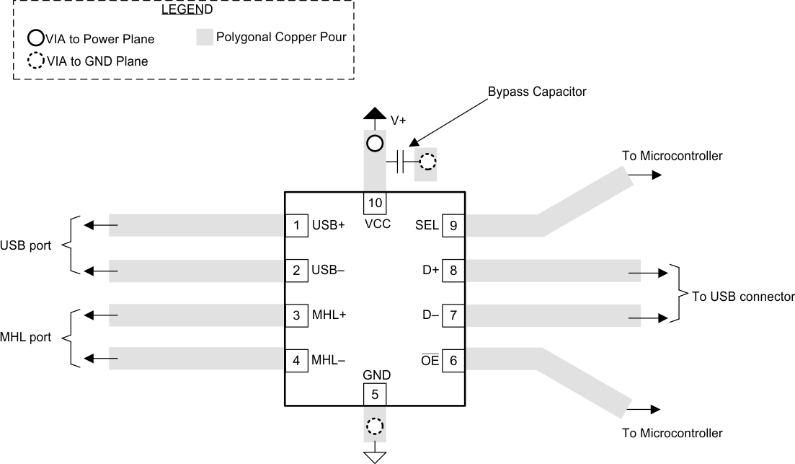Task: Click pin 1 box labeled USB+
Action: point(296,225)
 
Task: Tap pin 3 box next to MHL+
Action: point(296,315)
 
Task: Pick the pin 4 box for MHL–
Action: point(296,359)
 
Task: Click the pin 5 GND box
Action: point(374,395)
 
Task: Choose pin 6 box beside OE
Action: point(453,359)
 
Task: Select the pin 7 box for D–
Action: point(453,315)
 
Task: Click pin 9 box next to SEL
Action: point(453,225)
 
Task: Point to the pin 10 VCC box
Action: point(374,201)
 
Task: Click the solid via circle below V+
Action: point(374,143)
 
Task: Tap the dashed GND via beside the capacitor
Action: point(427,162)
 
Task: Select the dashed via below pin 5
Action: point(374,427)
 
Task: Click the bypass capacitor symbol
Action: point(404,163)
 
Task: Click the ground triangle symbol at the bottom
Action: point(374,456)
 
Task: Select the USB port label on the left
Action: point(26,245)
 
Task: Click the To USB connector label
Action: point(742,296)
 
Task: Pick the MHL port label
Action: point(26,337)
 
